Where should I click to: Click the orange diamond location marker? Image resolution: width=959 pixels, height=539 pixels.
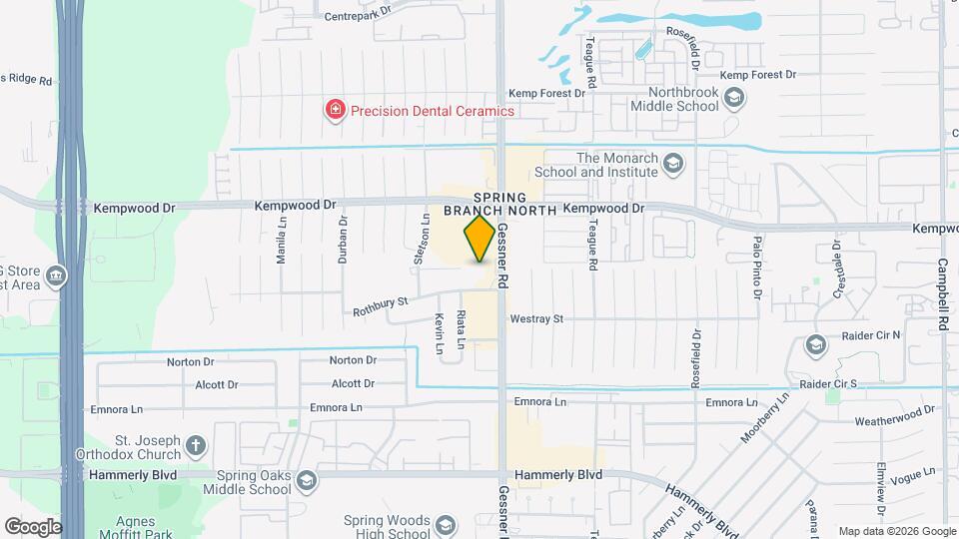pyautogui.click(x=479, y=239)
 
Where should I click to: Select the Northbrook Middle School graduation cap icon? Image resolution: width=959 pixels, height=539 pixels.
pyautogui.click(x=735, y=98)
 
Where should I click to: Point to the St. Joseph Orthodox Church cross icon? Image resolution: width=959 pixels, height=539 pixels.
pyautogui.click(x=197, y=445)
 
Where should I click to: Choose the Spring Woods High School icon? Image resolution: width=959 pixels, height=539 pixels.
pyautogui.click(x=447, y=526)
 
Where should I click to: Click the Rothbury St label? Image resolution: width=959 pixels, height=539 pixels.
pyautogui.click(x=382, y=306)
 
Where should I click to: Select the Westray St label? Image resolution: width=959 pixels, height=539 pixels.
pyautogui.click(x=536, y=319)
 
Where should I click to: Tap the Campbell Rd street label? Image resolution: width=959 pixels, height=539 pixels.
pyautogui.click(x=942, y=295)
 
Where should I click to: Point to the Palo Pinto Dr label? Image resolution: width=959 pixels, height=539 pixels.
pyautogui.click(x=757, y=268)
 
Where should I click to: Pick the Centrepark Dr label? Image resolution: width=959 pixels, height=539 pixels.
pyautogui.click(x=355, y=15)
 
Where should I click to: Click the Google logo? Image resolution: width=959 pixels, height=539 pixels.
pyautogui.click(x=32, y=527)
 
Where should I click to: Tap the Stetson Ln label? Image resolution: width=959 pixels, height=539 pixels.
pyautogui.click(x=421, y=241)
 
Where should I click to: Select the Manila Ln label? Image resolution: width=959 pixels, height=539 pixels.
pyautogui.click(x=282, y=241)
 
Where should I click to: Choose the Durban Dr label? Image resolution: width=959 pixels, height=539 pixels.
pyautogui.click(x=342, y=239)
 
